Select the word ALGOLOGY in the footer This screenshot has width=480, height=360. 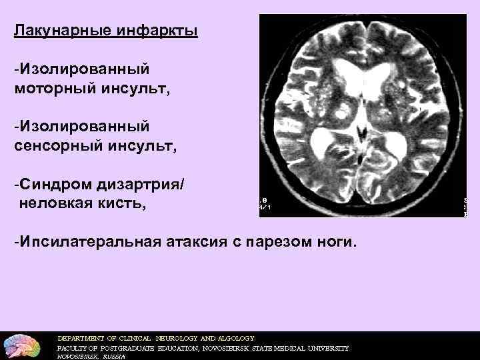click(233, 338)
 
